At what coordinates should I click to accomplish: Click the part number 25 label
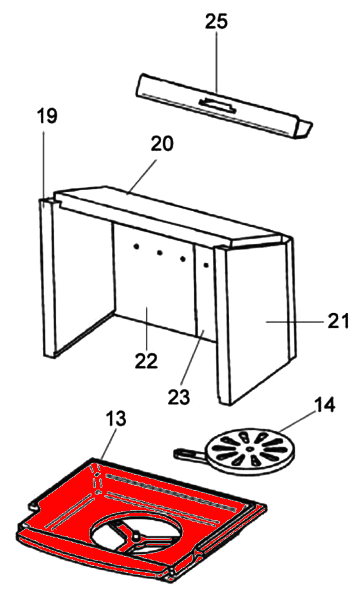(217, 22)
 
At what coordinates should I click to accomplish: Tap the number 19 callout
(47, 116)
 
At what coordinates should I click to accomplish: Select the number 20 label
(162, 143)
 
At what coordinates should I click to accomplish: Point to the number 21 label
(338, 321)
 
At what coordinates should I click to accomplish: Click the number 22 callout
(146, 361)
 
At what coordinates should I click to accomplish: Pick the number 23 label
(178, 397)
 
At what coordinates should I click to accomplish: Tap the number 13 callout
(114, 419)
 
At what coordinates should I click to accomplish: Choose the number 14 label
(324, 405)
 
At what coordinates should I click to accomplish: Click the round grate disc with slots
(251, 450)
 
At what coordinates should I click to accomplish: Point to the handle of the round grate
(190, 454)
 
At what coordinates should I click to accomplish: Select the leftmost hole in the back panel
(135, 248)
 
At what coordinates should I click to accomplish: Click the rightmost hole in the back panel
(206, 264)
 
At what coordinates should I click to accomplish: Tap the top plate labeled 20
(168, 214)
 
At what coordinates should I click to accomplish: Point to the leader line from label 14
(297, 422)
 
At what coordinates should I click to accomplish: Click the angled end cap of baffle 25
(304, 129)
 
